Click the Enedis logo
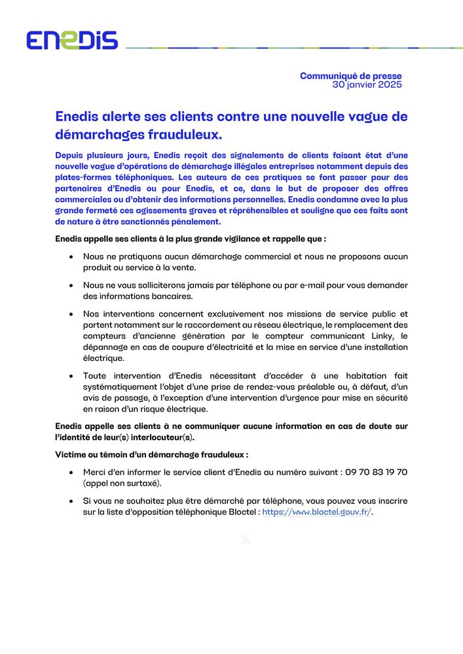pyautogui.click(x=72, y=40)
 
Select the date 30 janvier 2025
pyautogui.click(x=367, y=85)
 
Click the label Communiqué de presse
pyautogui.click(x=350, y=76)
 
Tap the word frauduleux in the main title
pyautogui.click(x=186, y=135)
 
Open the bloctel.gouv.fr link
pyautogui.click(x=316, y=513)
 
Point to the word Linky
pyautogui.click(x=386, y=336)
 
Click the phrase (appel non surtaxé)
pyautogui.click(x=122, y=483)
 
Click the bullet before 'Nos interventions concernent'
pyautogui.click(x=70, y=314)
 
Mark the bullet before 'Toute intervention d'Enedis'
pyautogui.click(x=70, y=376)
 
